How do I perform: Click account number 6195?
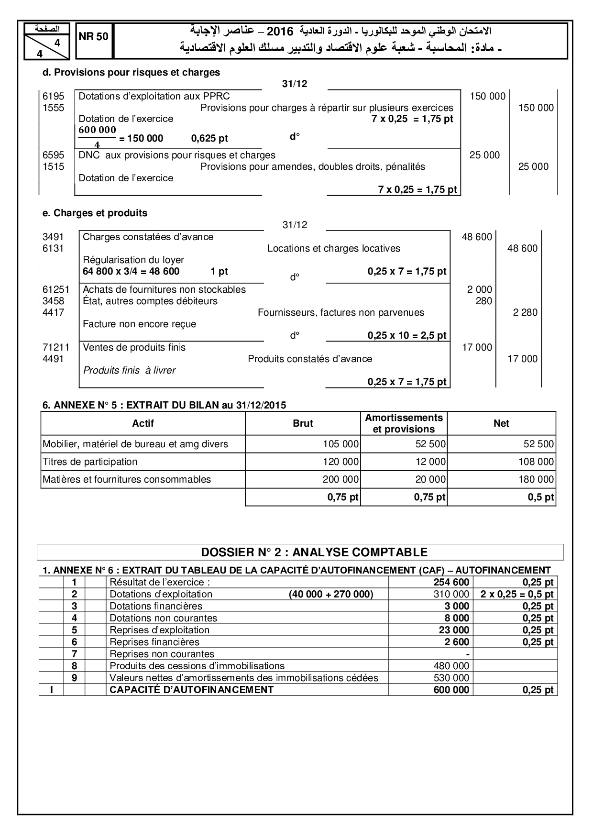[x=53, y=96]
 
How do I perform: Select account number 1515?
[x=53, y=166]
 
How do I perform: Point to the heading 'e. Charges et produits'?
[x=95, y=213]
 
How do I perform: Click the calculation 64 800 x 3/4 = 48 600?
[x=131, y=272]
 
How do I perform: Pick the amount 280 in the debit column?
[x=483, y=301]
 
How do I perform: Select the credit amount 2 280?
[x=525, y=312]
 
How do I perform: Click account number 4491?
[x=53, y=359]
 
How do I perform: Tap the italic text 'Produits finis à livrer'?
[x=129, y=370]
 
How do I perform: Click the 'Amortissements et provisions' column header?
[x=404, y=423]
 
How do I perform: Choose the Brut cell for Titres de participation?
[x=340, y=462]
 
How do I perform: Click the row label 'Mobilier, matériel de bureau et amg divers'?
[x=135, y=444]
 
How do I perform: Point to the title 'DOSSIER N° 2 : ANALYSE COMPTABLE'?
[x=314, y=552]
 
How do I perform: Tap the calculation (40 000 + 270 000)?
[x=331, y=594]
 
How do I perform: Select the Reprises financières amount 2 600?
[x=457, y=642]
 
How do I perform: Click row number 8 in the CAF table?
[x=74, y=666]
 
